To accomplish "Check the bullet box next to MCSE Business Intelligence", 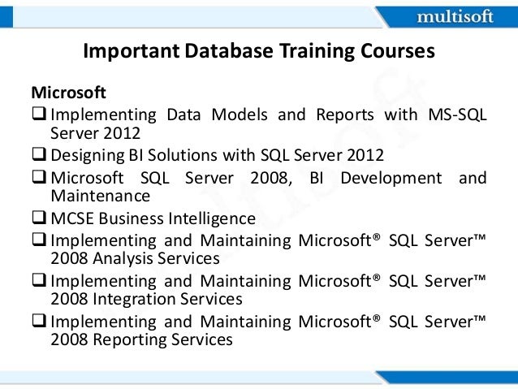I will click(39, 219).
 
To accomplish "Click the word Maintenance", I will click(100, 197).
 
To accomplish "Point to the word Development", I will click(391, 178).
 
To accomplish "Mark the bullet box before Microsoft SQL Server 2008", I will click(39, 178).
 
